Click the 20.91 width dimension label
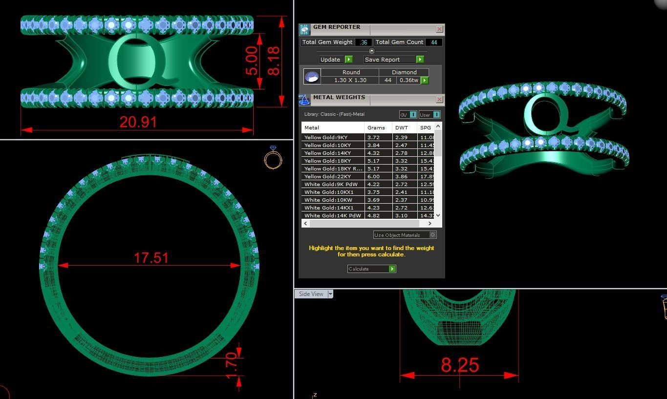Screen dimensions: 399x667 [x=138, y=122]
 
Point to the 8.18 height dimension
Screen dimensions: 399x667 [x=274, y=61]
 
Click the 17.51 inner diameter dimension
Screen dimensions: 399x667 [x=151, y=257]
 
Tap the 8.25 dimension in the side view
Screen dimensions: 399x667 [x=460, y=365]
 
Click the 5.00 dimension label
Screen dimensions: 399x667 [x=252, y=61]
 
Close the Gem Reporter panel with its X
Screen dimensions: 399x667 [x=439, y=29]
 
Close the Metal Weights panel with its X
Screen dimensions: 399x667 [x=439, y=100]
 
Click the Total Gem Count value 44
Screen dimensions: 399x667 [x=433, y=42]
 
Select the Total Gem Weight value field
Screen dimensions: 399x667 [x=363, y=42]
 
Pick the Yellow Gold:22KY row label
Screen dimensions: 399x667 [x=326, y=176]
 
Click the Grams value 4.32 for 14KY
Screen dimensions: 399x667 [x=374, y=153]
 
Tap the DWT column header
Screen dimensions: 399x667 [x=402, y=127]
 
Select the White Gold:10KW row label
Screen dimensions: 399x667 [x=328, y=200]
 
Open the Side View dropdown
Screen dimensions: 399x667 [x=330, y=294]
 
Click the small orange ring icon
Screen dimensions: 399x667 [x=273, y=158]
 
